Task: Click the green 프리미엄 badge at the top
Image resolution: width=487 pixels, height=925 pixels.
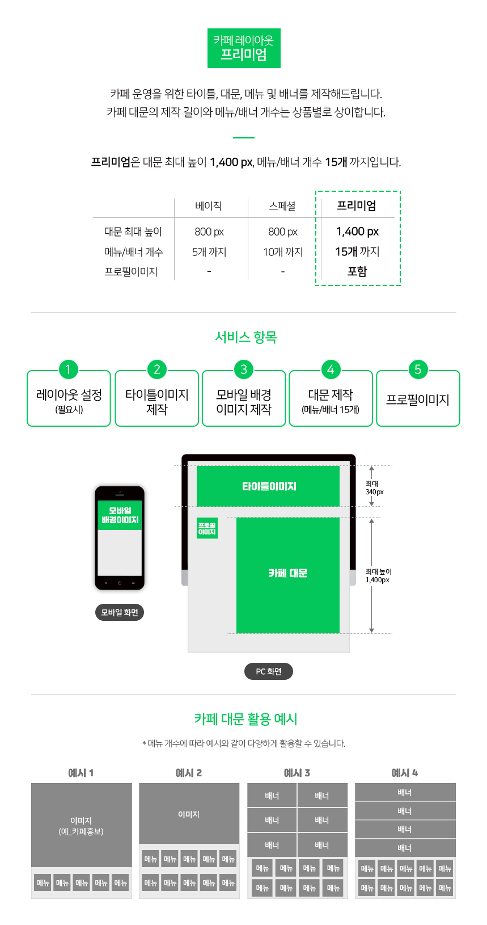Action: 244,48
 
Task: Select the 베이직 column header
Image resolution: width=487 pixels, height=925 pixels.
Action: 209,205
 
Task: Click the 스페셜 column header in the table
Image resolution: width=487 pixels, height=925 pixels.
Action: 282,205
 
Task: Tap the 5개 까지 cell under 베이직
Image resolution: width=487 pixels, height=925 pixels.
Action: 209,252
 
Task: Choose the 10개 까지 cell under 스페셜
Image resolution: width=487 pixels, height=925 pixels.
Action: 283,252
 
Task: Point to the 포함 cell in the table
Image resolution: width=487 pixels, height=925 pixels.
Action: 357,271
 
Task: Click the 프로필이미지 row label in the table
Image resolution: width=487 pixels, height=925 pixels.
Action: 131,272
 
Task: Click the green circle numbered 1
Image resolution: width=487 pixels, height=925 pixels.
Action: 68,369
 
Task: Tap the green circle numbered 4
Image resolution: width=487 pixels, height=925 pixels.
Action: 331,369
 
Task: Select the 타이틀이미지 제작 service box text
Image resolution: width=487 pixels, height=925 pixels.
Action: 157,402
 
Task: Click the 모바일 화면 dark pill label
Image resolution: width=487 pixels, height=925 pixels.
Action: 120,612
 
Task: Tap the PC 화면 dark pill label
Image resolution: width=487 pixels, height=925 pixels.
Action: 269,671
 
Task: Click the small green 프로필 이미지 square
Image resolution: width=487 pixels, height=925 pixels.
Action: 207,528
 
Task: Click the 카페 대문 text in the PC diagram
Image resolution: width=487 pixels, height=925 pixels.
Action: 287,573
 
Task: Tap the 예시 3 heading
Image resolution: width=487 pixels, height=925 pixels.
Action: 297,772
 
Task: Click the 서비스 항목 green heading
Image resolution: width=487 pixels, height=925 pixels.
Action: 246,337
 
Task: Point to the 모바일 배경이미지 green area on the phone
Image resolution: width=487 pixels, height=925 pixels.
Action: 120,515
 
